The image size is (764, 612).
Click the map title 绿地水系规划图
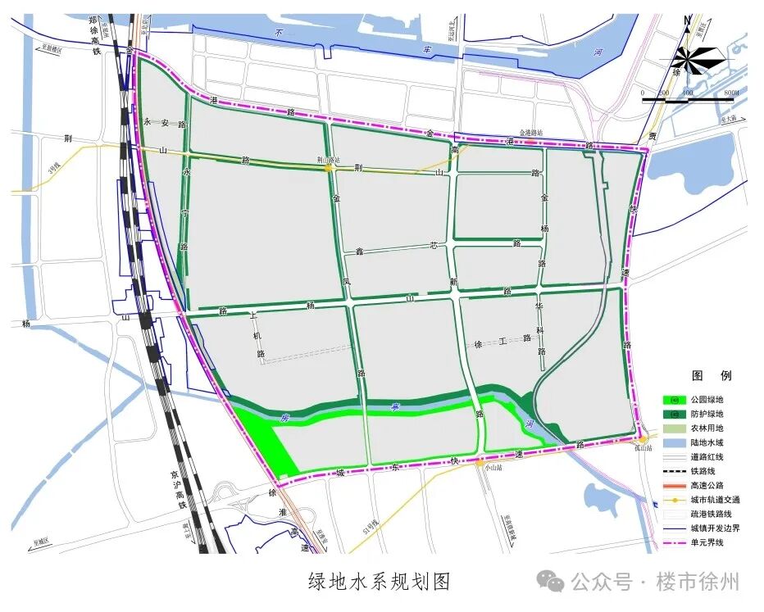[380, 582]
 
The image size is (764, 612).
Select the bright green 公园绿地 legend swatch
[675, 400]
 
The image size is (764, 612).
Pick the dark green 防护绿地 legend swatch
[675, 415]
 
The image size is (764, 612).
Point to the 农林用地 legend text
[707, 428]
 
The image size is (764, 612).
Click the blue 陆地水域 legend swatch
[675, 442]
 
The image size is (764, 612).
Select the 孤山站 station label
[643, 449]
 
